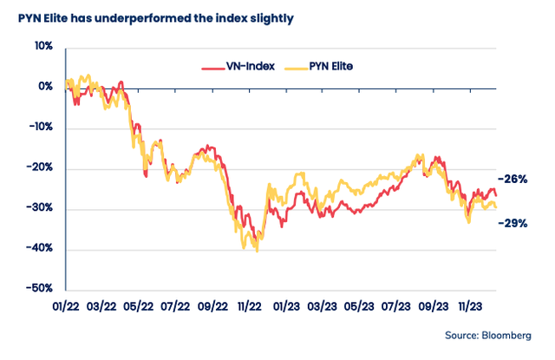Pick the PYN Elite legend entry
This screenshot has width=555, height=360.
click(341, 65)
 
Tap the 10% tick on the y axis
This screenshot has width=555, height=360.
click(42, 47)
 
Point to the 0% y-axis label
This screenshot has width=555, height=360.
click(45, 88)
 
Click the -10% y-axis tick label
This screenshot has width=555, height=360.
click(41, 128)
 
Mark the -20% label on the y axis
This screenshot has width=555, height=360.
click(41, 168)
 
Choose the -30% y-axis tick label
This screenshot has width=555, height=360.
click(41, 209)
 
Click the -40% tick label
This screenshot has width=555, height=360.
click(41, 249)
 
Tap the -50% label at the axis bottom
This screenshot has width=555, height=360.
click(41, 289)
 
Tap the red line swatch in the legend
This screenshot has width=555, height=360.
click(212, 66)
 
